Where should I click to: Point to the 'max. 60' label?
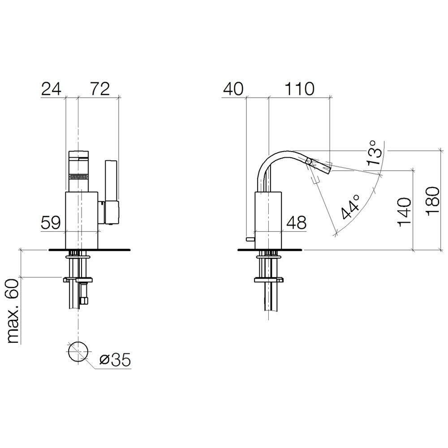pos(13,311)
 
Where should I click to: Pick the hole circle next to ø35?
pos(78,351)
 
